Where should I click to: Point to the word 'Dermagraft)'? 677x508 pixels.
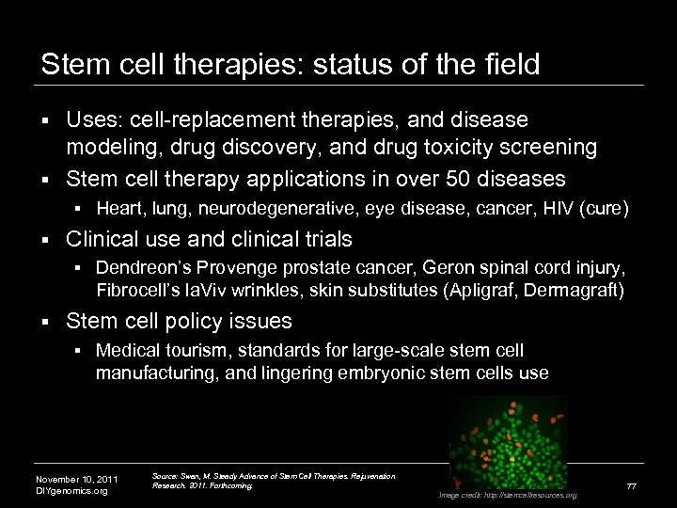coord(576,287)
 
